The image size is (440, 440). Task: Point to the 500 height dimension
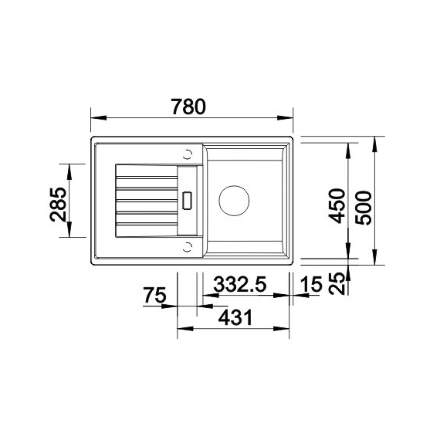(364, 204)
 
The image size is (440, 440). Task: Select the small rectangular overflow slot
(187, 200)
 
